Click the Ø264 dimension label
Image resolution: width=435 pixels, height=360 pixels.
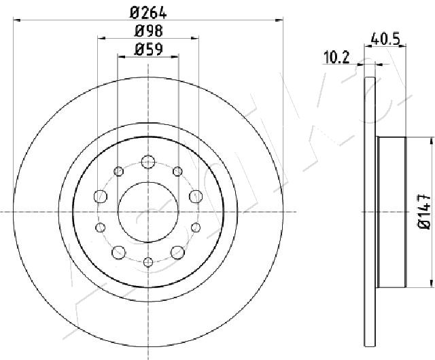tap(148, 13)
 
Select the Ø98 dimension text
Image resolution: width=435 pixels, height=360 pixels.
tap(148, 31)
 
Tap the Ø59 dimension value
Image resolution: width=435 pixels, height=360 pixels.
tap(148, 50)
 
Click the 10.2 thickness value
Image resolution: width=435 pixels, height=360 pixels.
tap(336, 58)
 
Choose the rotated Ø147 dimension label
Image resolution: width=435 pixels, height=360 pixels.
tap(424, 212)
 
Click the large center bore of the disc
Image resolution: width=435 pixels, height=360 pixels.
tap(148, 212)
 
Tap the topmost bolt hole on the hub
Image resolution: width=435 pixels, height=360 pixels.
tap(148, 162)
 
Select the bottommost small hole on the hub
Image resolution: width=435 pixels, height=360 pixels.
tap(148, 262)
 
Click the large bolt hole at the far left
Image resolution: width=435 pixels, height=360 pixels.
tap(101, 196)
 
